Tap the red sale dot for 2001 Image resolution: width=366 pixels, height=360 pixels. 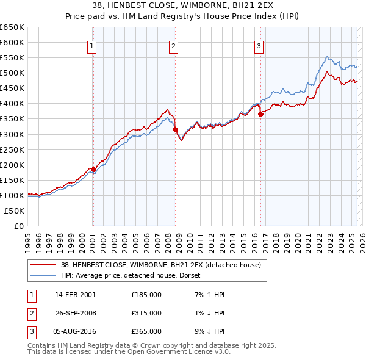tap(93, 169)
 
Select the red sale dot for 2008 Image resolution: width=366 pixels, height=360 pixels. tap(175, 129)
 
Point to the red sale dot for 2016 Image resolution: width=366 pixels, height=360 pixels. tap(260, 113)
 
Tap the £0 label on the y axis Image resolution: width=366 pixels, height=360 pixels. tap(19, 226)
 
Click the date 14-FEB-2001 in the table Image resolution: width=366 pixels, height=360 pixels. tap(75, 295)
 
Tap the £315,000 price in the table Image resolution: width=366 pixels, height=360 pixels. tap(146, 313)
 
